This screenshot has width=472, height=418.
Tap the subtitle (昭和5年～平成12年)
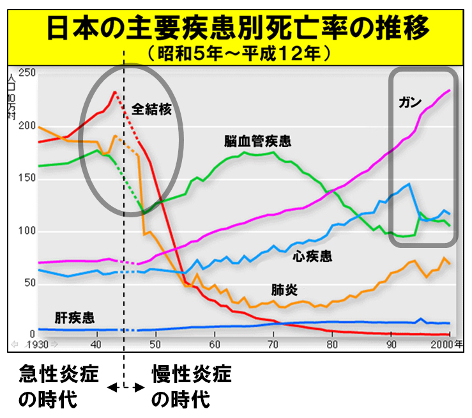point(235,52)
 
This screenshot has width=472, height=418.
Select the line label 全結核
point(152,109)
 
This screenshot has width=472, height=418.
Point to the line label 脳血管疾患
point(257,141)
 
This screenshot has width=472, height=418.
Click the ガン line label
point(408,102)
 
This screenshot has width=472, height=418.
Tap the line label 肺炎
point(284,290)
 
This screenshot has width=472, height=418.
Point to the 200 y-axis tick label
point(27,126)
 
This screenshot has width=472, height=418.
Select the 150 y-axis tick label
point(27,178)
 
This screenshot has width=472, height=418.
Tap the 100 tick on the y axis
point(27,231)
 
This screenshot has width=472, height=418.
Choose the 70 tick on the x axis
point(273,344)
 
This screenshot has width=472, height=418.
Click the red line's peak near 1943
point(114,92)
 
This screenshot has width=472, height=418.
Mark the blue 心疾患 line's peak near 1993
point(409,184)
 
